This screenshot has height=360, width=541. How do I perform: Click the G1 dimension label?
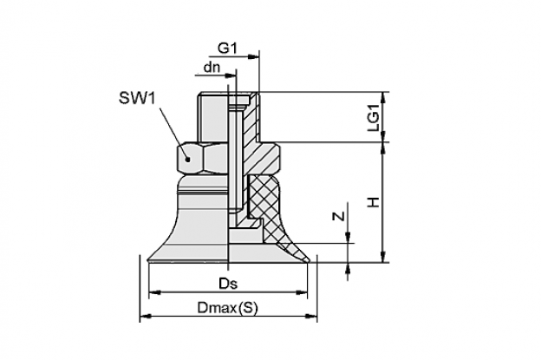tap(227, 49)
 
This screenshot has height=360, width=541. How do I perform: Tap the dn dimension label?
tap(212, 68)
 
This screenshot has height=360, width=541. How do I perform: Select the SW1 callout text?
tap(137, 98)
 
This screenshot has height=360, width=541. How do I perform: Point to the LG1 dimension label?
tap(373, 117)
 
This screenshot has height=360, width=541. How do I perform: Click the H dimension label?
tap(373, 202)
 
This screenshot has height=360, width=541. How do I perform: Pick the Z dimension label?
tap(339, 216)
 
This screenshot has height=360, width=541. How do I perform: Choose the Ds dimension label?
tap(228, 284)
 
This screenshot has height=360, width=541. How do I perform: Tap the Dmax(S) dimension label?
tap(228, 308)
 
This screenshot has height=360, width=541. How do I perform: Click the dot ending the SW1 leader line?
tap(187, 159)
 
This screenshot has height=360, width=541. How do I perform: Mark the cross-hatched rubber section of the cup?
tap(267, 204)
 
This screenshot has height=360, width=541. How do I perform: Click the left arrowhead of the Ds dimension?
tap(154, 292)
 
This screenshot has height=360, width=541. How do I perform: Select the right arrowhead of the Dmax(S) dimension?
tap(311, 316)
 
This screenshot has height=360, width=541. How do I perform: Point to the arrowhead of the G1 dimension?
tap(253, 56)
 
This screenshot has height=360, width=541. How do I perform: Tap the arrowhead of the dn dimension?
tap(231, 75)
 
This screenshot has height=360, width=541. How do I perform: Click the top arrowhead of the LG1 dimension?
tap(382, 97)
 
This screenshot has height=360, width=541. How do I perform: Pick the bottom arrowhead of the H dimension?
tap(382, 257)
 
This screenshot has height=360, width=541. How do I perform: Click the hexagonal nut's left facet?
tap(189, 158)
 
